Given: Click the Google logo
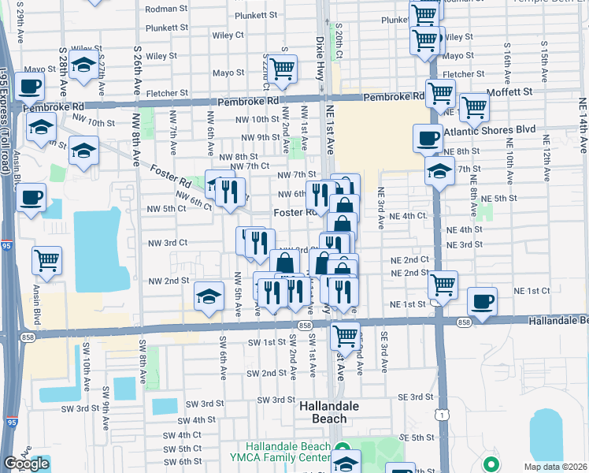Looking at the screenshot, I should [x=26, y=464].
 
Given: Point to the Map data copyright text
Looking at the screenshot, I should [x=555, y=467].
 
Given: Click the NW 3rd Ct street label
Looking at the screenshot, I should [x=168, y=244].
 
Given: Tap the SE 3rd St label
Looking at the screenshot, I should [x=417, y=397].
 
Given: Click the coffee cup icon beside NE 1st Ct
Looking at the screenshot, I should [x=482, y=300].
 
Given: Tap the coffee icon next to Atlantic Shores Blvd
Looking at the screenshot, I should [x=428, y=138].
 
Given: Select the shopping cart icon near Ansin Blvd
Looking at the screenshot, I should [x=46, y=259].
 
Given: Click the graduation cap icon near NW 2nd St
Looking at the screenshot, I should [x=208, y=296].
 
